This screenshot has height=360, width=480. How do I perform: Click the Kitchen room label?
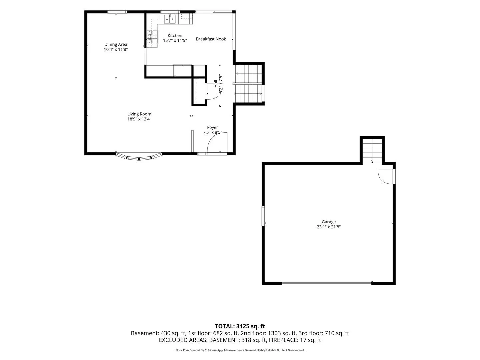(x=175, y=35)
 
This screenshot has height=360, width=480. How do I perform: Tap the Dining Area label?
(x=116, y=44)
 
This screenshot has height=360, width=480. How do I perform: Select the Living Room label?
(x=139, y=114)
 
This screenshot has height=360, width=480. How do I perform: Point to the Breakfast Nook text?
(x=211, y=39)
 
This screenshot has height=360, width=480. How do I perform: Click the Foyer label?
(x=213, y=127)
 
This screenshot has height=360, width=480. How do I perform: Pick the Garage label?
(x=329, y=222)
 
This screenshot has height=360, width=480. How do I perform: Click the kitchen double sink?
(x=170, y=19)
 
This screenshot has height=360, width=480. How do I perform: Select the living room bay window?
(x=139, y=157)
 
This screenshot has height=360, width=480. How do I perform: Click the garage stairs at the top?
(x=372, y=150)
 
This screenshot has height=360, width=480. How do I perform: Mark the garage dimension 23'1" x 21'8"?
(x=329, y=227)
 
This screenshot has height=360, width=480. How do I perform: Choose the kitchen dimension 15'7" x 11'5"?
(x=175, y=40)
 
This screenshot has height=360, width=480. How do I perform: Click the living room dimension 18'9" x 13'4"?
(x=139, y=119)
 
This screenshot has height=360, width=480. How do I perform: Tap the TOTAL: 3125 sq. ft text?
(x=240, y=326)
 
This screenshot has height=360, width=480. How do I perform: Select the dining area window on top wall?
(x=117, y=12)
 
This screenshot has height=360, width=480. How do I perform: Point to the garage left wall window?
(x=263, y=216)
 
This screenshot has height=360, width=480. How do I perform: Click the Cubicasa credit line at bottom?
(x=240, y=350)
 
